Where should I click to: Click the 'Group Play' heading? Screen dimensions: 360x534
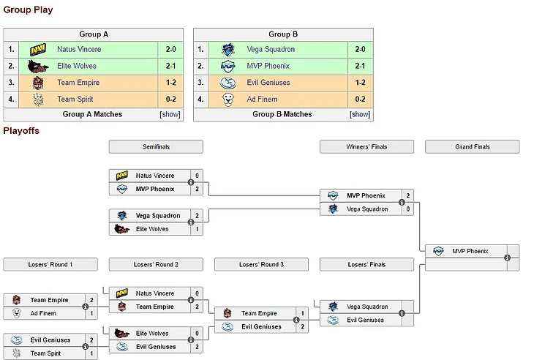[28, 10]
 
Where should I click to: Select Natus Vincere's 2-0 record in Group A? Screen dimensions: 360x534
[171, 50]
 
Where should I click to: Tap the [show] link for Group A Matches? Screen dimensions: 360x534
[169, 114]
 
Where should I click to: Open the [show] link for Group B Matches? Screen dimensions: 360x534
[360, 114]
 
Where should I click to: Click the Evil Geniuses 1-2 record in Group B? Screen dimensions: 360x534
[360, 83]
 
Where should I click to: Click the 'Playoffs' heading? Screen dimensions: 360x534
[21, 131]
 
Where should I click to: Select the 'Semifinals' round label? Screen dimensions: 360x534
[156, 147]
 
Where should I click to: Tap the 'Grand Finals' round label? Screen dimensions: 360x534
[473, 147]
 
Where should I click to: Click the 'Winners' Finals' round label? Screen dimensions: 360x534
[366, 147]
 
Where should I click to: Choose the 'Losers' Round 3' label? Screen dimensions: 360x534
[261, 264]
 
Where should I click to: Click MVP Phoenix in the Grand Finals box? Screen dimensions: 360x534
[468, 251]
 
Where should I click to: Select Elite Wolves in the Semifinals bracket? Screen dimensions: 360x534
[152, 229]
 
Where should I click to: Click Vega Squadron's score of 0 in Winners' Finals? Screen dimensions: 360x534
[407, 209]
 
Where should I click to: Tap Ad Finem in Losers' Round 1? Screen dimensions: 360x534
[42, 313]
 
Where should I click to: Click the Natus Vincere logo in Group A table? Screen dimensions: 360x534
[38, 50]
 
